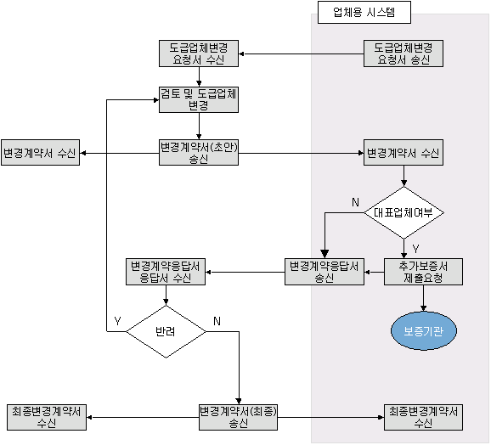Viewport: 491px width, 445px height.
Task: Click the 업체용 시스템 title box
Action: coord(364,12)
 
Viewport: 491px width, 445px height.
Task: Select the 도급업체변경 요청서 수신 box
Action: coord(199,54)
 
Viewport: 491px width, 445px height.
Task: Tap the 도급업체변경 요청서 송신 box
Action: coord(404,54)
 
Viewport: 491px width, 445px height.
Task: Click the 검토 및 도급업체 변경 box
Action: coord(199,99)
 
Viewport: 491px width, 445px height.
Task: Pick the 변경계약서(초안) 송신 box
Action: coord(199,152)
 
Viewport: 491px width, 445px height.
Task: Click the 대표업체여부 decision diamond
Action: coord(404,213)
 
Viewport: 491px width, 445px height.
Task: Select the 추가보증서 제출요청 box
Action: coord(423,272)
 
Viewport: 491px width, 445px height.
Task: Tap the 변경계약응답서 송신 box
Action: coord(325,272)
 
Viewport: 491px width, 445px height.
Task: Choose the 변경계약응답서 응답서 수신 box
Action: coord(166,272)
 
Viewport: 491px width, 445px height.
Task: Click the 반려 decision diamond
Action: coord(166,332)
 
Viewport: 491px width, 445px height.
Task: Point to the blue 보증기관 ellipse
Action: coord(424,330)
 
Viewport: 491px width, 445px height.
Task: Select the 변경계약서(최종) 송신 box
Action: coord(239,417)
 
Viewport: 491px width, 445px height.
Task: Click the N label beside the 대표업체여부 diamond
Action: coord(355,202)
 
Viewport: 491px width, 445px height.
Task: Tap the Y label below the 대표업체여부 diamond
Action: coord(415,249)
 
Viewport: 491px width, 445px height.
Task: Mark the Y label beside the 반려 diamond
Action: coord(117,321)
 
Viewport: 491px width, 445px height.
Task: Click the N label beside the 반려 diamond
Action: coord(217,321)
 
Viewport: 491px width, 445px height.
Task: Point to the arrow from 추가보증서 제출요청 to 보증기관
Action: coord(423,298)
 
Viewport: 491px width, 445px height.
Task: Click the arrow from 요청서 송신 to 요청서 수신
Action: coord(301,54)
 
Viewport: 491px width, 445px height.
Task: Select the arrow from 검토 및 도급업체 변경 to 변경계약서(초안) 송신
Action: coord(199,127)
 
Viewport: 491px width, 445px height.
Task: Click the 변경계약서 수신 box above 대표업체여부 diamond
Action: coord(404,152)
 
